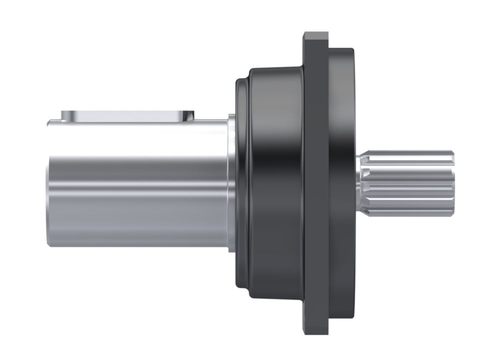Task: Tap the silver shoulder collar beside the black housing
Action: [231, 183]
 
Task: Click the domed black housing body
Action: [275, 125]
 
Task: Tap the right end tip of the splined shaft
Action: [452, 183]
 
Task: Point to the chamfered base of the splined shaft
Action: [361, 183]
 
